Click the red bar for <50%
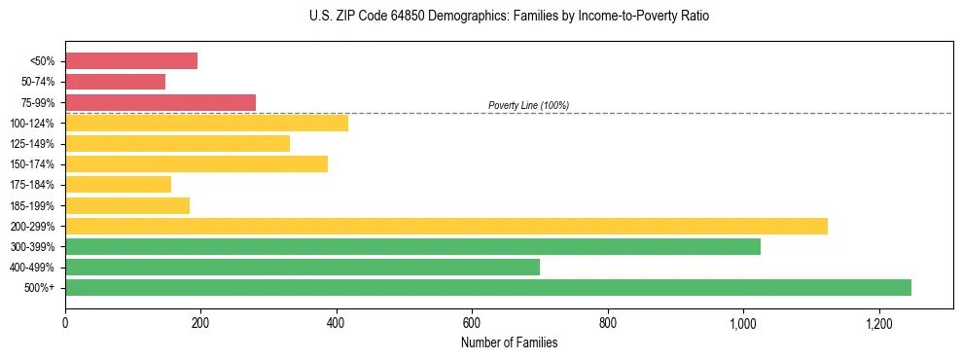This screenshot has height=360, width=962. tap(131, 61)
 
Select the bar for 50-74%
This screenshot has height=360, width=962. tap(115, 82)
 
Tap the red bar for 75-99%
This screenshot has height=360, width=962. tap(160, 102)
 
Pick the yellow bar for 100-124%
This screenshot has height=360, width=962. tap(206, 123)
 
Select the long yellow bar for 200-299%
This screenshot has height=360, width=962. tap(446, 226)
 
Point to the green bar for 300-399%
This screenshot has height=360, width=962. tap(412, 246)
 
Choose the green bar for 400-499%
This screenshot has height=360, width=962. tap(303, 267)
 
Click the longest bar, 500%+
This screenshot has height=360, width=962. tap(488, 287)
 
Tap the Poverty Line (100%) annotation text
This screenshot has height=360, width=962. tap(528, 105)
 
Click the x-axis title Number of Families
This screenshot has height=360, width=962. tap(509, 342)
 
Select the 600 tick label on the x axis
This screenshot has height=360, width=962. tap(472, 322)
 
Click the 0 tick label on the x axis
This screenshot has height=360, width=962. tap(65, 322)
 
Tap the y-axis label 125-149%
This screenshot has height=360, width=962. tap(32, 144)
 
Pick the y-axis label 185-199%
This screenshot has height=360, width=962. tap(32, 205)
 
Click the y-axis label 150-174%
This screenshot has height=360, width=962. tap(32, 164)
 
